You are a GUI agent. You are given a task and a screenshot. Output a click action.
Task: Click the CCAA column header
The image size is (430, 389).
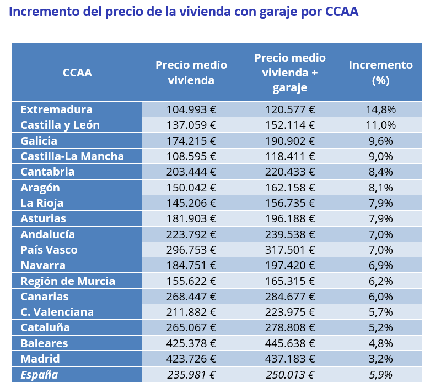[77, 73]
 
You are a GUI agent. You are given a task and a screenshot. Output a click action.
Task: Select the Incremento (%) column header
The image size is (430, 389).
[380, 73]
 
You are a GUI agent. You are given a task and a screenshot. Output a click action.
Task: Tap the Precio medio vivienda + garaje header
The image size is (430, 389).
[290, 73]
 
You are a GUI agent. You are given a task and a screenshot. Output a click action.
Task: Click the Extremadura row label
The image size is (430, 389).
[56, 109]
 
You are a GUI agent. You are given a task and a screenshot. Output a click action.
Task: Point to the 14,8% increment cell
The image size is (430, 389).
[380, 109]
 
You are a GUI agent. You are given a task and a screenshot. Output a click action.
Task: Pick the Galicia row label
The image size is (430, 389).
[39, 141]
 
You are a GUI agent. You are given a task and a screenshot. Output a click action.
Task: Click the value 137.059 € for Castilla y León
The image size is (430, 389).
[191, 125]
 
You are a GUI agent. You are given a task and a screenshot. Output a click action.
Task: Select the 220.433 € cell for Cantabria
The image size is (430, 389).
[290, 172]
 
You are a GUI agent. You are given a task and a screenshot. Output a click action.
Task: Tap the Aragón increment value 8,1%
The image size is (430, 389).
[380, 188]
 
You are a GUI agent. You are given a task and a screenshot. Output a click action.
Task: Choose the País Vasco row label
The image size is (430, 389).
[49, 250]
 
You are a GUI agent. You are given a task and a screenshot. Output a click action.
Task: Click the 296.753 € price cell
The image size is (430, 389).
[191, 250]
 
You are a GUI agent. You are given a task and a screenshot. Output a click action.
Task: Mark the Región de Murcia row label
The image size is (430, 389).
[68, 281]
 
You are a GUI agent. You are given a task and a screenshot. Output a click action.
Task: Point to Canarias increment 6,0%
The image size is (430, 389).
[380, 297]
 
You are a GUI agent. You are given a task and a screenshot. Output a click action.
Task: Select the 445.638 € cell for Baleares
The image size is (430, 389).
[290, 343]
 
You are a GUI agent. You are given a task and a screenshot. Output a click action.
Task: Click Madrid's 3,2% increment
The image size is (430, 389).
[380, 359]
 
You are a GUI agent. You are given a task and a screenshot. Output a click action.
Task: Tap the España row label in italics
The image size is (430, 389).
[39, 375]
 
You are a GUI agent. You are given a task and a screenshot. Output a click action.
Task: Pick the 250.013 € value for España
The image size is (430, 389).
[290, 375]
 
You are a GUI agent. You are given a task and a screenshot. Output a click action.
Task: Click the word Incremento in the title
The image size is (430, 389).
[43, 12]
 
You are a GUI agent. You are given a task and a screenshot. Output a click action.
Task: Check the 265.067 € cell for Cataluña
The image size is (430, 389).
[191, 327]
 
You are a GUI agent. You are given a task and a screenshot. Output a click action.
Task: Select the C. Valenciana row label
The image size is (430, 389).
[57, 312]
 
